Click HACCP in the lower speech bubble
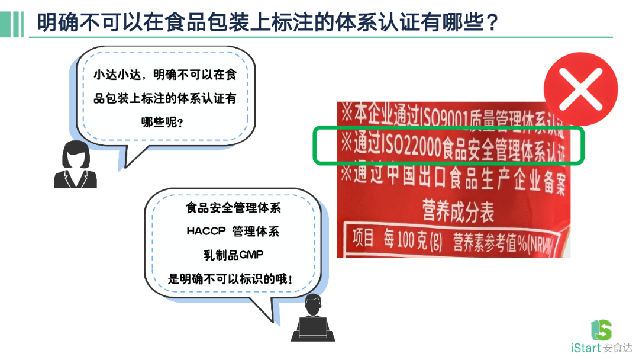pyautogui.click(x=206, y=231)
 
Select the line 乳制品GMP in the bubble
pyautogui.click(x=233, y=255)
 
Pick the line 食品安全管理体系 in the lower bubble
pyautogui.click(x=233, y=208)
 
